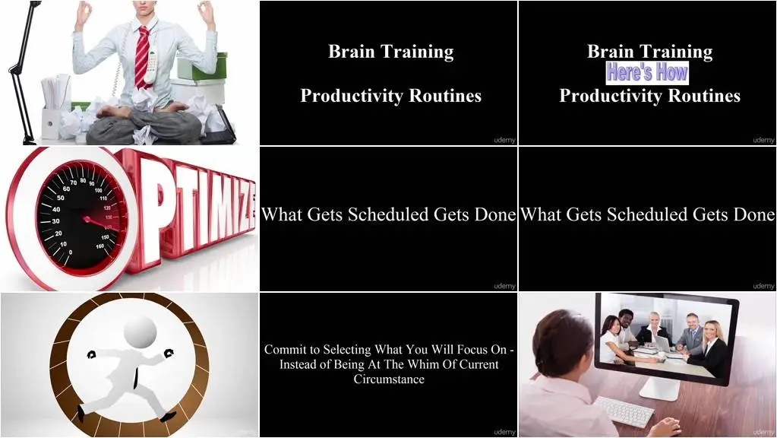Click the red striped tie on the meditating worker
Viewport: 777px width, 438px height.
(x=142, y=57)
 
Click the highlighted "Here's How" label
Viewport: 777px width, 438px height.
(x=647, y=72)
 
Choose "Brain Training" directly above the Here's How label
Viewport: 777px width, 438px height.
(x=649, y=52)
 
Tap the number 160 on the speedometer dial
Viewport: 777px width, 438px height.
(x=100, y=246)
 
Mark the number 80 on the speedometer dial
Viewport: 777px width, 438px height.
(x=84, y=180)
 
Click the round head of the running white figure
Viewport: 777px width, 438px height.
(x=141, y=332)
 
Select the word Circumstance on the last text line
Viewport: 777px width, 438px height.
(x=389, y=379)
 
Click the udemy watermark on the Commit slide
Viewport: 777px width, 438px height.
(x=504, y=432)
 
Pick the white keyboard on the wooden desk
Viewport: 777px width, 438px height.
(x=624, y=411)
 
